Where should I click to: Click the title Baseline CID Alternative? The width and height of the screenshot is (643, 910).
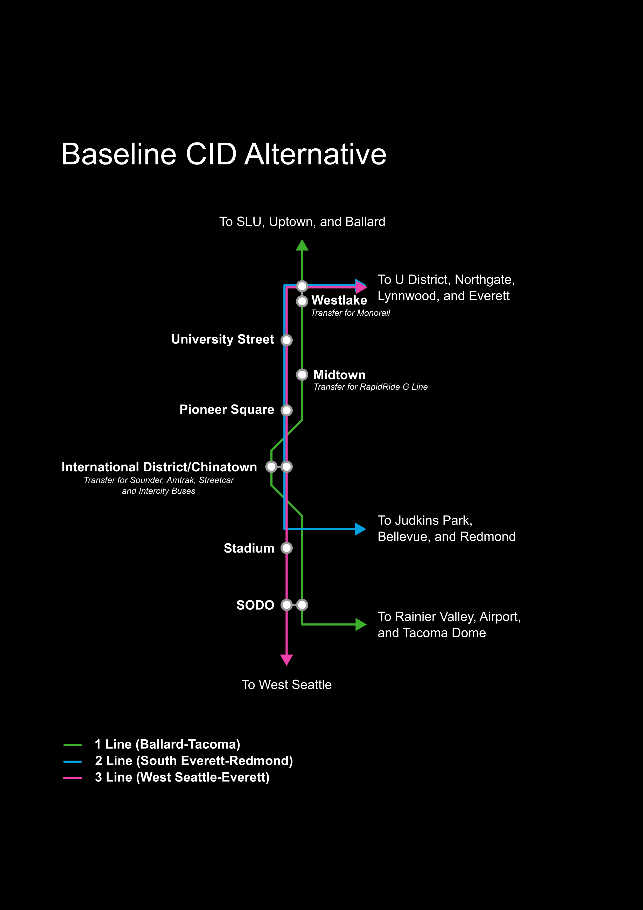tap(224, 154)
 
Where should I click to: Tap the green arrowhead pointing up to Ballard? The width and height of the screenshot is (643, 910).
tap(302, 246)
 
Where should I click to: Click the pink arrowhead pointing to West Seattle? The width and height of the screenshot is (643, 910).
tap(286, 659)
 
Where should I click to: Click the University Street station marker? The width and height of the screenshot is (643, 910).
tap(286, 340)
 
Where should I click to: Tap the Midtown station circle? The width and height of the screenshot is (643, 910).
tap(302, 375)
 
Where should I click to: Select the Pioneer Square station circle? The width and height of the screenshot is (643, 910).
tap(286, 410)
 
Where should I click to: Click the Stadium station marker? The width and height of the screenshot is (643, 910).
tap(286, 548)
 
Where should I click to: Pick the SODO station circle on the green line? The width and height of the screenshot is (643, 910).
tap(302, 605)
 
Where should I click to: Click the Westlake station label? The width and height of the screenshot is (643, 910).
tap(339, 300)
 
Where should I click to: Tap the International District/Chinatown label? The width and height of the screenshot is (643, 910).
tap(159, 467)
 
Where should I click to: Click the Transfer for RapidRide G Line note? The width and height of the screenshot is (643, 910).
tap(371, 387)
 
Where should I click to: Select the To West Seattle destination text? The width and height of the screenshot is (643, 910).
tap(286, 685)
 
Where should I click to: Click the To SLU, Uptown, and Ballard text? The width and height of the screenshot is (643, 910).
tap(302, 222)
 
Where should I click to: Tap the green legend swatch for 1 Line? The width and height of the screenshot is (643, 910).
tap(73, 745)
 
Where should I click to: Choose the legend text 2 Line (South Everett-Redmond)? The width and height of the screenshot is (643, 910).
tap(194, 761)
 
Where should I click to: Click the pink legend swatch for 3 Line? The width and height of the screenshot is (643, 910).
tap(73, 778)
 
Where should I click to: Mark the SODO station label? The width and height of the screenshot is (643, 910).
tap(255, 605)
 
